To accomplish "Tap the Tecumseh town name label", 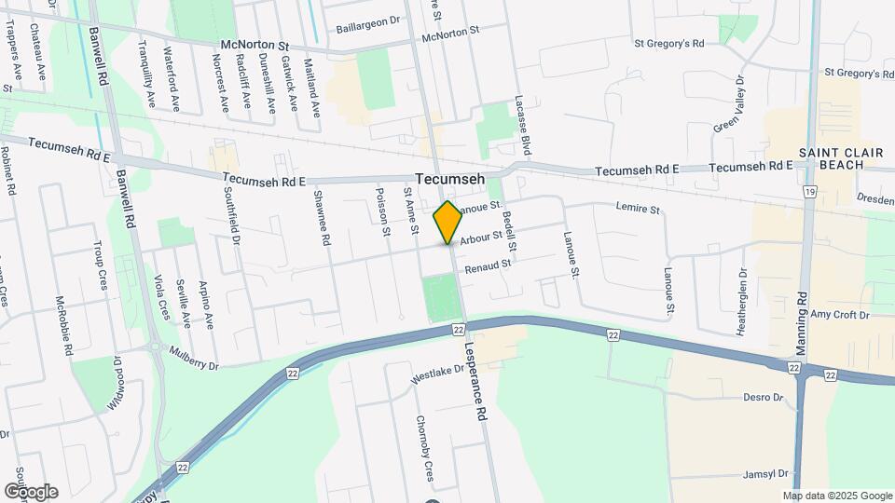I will tap(449, 180).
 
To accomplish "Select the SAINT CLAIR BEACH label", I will tap(833, 158).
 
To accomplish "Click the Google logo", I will tap(31, 491).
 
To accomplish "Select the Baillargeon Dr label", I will tap(368, 19).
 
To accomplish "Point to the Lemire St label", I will tap(638, 210).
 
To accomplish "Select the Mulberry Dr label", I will tap(194, 359).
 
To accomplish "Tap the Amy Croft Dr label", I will tap(839, 316).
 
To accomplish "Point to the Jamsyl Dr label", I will tap(765, 474).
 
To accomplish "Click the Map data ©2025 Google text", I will tap(837, 496).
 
